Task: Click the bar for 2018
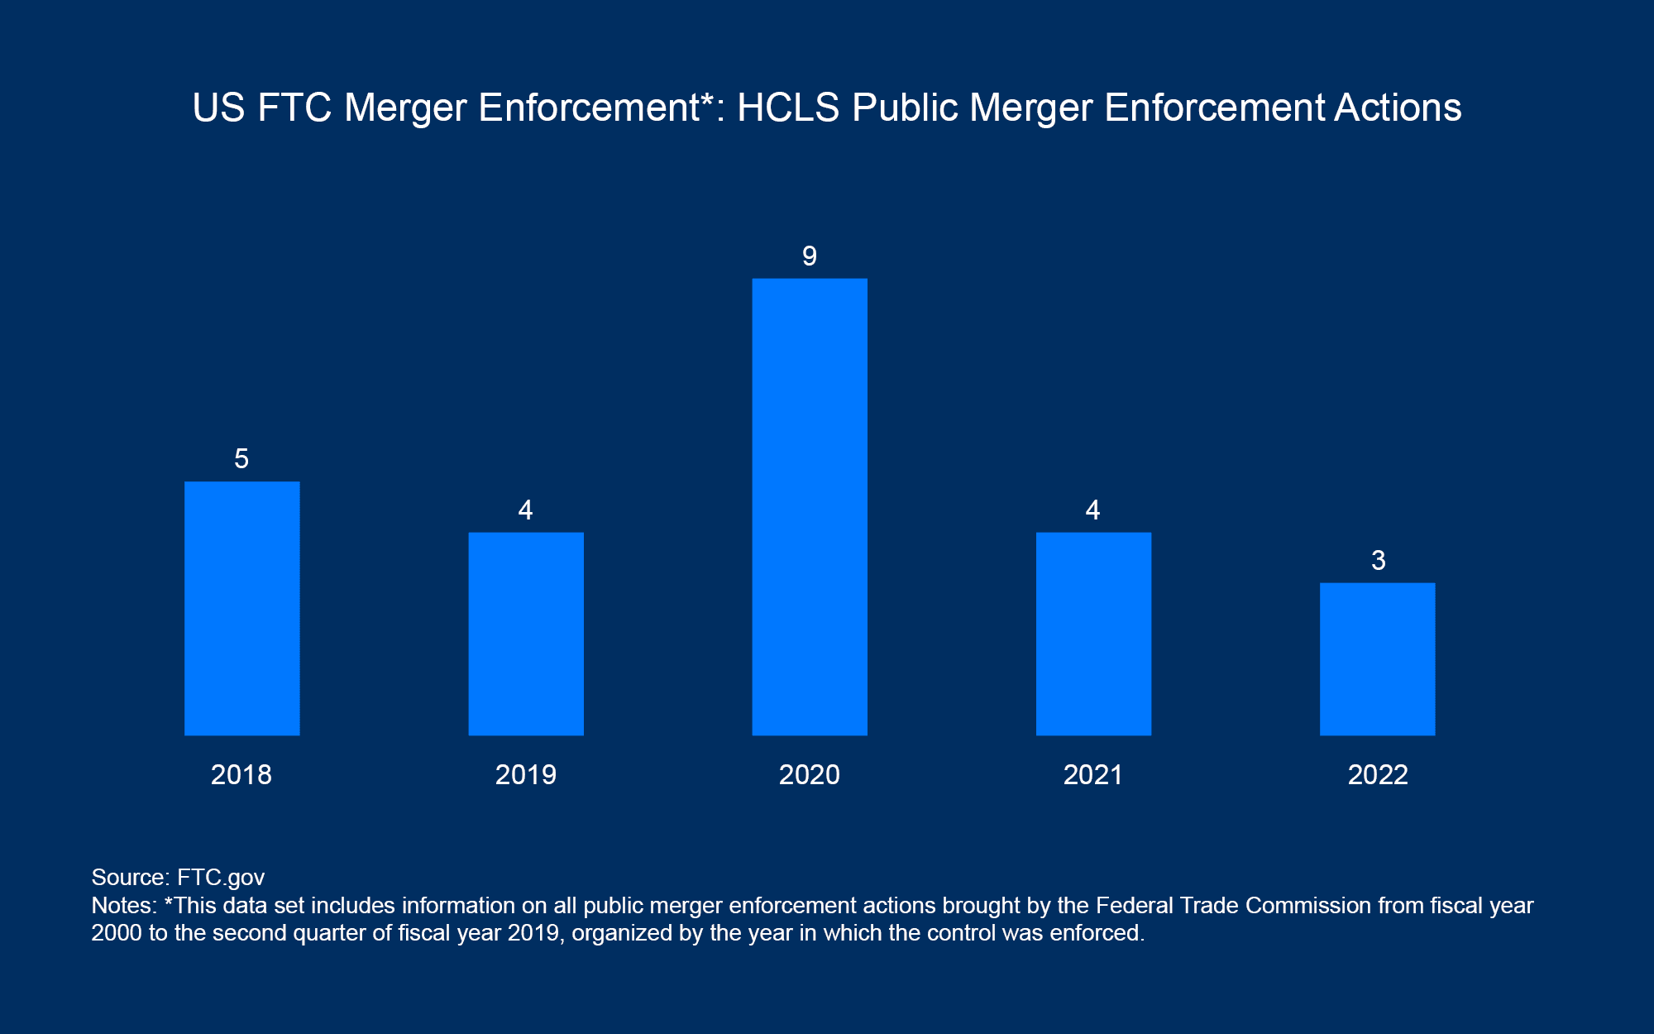click(x=241, y=608)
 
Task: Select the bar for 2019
click(x=526, y=634)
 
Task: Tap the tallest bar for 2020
click(x=810, y=506)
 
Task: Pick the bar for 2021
click(x=1093, y=634)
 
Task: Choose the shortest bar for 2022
click(x=1377, y=658)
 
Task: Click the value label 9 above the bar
click(x=810, y=256)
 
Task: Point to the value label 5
click(x=241, y=459)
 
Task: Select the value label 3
click(x=1378, y=561)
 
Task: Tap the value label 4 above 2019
click(x=526, y=510)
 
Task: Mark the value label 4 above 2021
click(x=1093, y=510)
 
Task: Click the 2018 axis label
click(x=241, y=775)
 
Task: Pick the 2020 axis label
click(x=810, y=775)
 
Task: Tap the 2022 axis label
click(x=1378, y=775)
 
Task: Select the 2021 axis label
click(x=1093, y=775)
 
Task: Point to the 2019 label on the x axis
click(x=526, y=775)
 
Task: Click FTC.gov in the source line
click(x=221, y=878)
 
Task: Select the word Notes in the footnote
click(x=122, y=906)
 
